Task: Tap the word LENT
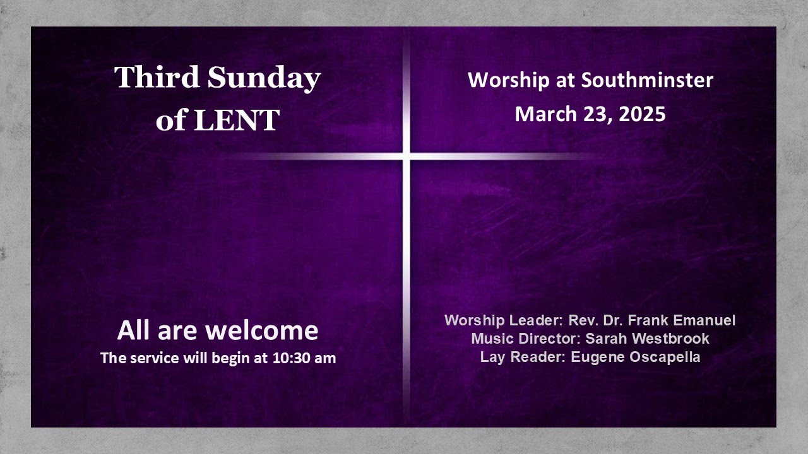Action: [237, 120]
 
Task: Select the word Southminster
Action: [647, 81]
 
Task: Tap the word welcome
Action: [263, 331]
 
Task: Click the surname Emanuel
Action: [704, 320]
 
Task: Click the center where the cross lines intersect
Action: [406, 156]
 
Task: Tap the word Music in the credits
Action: [490, 339]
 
